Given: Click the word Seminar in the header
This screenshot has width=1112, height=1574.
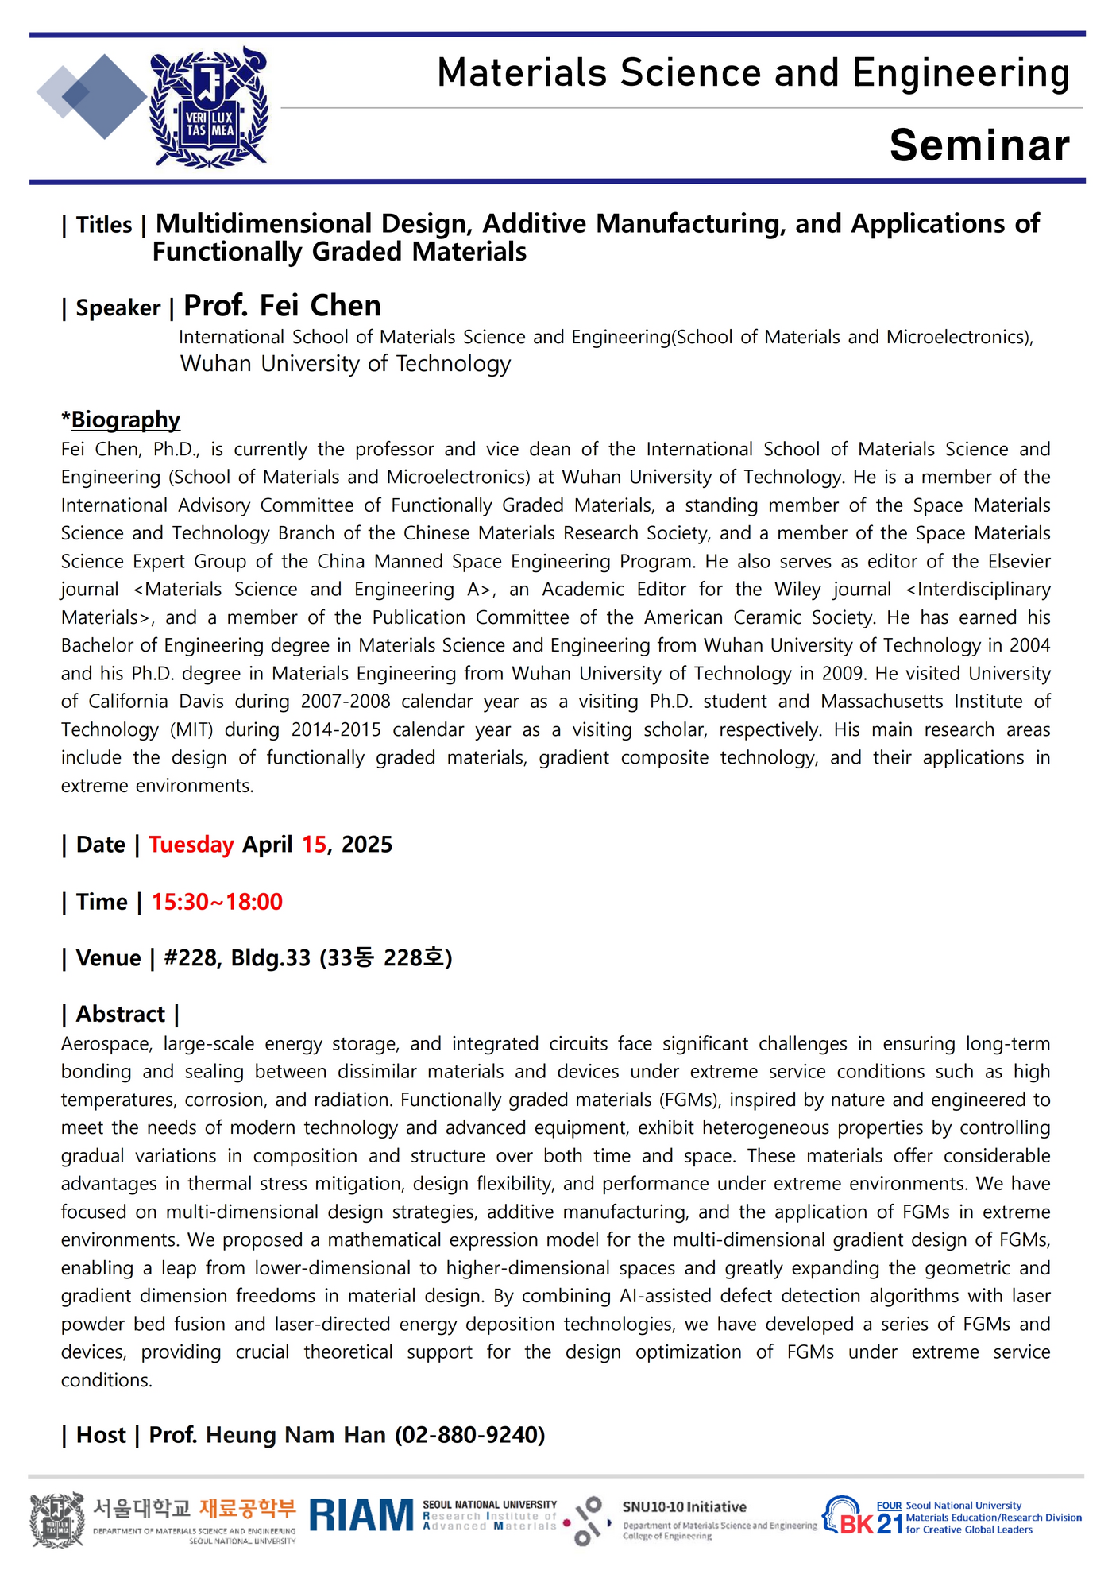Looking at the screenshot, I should pyautogui.click(x=979, y=145).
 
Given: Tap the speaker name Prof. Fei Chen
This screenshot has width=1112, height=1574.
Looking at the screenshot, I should pyautogui.click(x=282, y=306).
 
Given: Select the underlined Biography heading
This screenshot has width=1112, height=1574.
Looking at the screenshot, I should pyautogui.click(x=125, y=420).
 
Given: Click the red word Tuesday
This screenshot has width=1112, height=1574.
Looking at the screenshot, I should pyautogui.click(x=191, y=845).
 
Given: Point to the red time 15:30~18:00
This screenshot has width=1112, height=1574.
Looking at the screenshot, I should pyautogui.click(x=217, y=902).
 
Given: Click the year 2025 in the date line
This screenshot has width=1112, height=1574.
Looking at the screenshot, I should pyautogui.click(x=367, y=845).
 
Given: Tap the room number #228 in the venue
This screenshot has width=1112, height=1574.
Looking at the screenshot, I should pyautogui.click(x=191, y=958).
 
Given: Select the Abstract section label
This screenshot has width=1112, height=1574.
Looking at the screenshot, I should pyautogui.click(x=121, y=1015).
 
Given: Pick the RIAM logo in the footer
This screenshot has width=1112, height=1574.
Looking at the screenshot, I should pyautogui.click(x=361, y=1515).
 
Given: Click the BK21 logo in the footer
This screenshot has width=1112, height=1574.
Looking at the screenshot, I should pyautogui.click(x=862, y=1517).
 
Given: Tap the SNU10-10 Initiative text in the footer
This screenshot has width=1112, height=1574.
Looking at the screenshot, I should pyautogui.click(x=684, y=1507).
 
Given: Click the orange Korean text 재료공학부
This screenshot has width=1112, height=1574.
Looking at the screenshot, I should pyautogui.click(x=247, y=1508).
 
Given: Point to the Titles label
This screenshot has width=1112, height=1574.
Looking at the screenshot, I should pyautogui.click(x=104, y=226).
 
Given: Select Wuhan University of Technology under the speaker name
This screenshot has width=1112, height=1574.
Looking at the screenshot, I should pyautogui.click(x=346, y=364).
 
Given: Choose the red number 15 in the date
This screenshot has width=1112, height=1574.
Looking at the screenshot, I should pyautogui.click(x=314, y=845).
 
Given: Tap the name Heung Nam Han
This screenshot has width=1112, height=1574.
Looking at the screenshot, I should pyautogui.click(x=295, y=1435).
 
